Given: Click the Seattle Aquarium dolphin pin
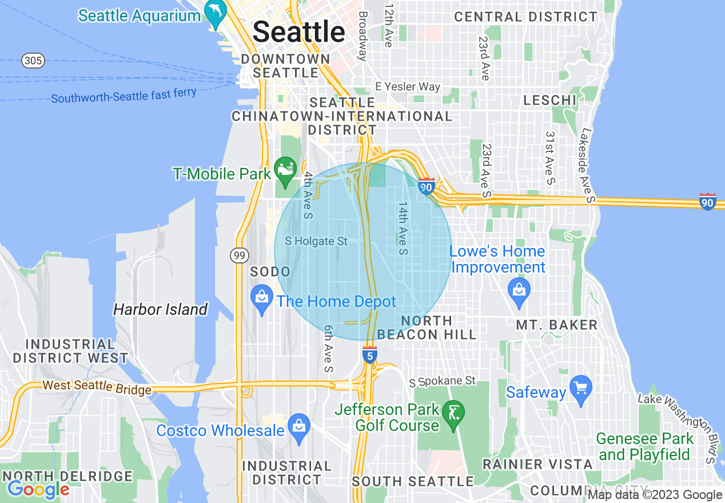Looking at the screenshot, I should point(216,14).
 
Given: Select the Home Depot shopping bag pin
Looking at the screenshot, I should point(262,299).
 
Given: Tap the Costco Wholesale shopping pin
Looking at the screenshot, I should point(298,428).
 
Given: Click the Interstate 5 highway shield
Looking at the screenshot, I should point(370,355).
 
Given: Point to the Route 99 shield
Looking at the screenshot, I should point(239,256).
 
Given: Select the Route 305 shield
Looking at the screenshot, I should point(34,61).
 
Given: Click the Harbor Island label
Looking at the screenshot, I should point(160,310).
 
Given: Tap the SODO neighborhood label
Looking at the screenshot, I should point(270,271).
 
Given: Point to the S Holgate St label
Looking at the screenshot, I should point(316,241).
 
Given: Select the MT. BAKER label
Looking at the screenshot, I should point(556,325).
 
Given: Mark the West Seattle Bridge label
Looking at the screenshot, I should point(97,388).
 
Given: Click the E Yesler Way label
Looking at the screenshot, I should point(408,87).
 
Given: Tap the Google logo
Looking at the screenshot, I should point(38,489).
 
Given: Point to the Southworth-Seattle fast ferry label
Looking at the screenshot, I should point(124,95).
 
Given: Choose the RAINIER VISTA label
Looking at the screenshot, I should point(537,464).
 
